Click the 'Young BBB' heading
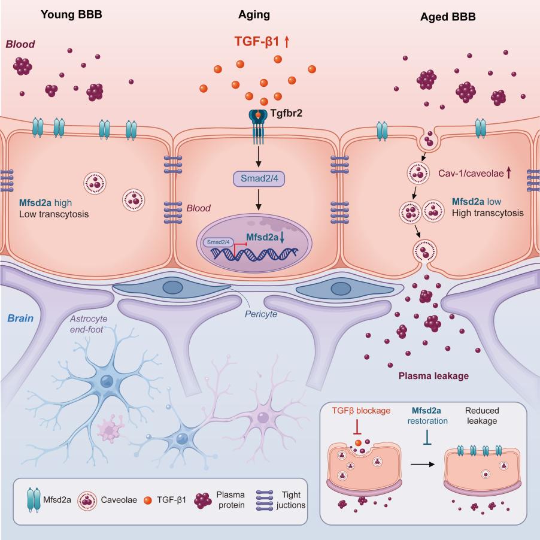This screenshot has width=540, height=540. tap(71, 14)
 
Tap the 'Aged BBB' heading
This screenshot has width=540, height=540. tap(448, 17)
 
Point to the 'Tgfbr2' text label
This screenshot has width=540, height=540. tap(286, 113)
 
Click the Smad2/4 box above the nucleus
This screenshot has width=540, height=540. tap(259, 178)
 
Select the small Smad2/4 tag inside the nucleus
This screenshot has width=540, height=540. tap(219, 242)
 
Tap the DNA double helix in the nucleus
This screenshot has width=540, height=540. tap(255, 254)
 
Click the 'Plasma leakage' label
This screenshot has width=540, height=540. tap(433, 376)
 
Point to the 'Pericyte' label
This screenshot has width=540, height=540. tap(260, 314)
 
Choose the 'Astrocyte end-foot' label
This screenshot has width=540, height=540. tap(88, 324)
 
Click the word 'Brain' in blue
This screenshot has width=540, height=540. tap(20, 318)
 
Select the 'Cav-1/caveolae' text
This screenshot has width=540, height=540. tap(471, 173)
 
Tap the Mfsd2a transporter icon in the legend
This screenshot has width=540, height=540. tap(34, 500)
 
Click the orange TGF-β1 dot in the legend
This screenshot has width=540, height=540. tap(148, 500)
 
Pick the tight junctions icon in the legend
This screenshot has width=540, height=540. tap(265, 500)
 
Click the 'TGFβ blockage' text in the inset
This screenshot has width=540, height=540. tap(361, 411)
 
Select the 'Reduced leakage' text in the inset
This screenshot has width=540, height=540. tap(482, 415)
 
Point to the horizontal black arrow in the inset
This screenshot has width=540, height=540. tap(423, 465)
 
